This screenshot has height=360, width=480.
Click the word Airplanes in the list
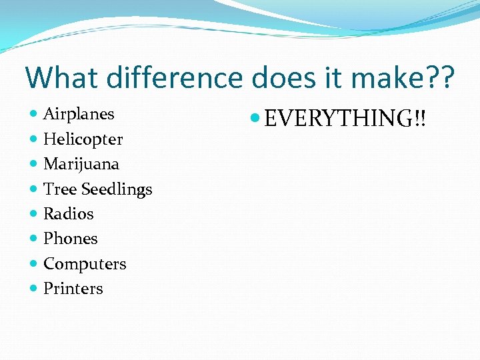[x=79, y=114]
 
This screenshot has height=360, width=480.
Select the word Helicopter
[x=83, y=139]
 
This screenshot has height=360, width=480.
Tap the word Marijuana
[x=81, y=164]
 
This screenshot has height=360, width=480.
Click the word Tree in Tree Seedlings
[x=59, y=189]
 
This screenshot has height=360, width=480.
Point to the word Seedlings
[x=116, y=190]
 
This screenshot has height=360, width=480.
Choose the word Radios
[x=68, y=214]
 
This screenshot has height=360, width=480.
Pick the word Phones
[x=70, y=239]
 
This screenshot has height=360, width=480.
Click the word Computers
[x=85, y=264]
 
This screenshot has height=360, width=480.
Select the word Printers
[x=73, y=289]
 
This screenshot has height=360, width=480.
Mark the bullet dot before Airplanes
[x=34, y=115]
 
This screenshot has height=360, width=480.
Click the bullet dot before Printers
[x=34, y=289]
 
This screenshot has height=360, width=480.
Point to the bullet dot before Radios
[x=34, y=215]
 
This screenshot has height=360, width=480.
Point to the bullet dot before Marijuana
[x=34, y=165]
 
